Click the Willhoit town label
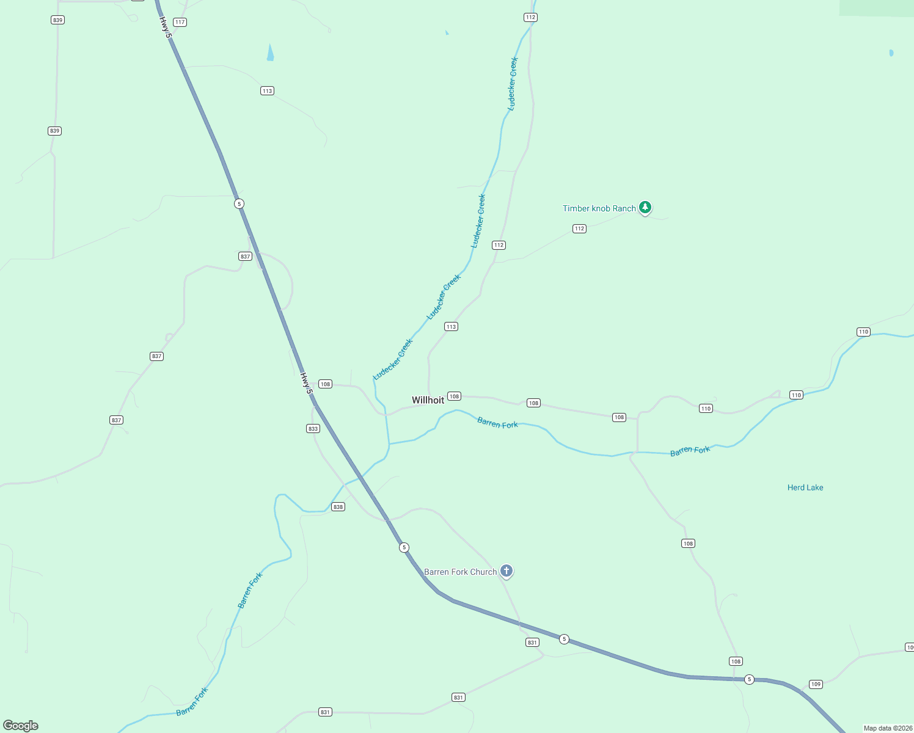pos(428,400)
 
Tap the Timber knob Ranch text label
pos(599,208)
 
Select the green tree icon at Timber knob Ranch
pos(645,208)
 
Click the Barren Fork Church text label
pos(460,572)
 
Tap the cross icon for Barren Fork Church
pos(506,571)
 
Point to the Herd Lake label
pos(805,487)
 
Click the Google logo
pos(21,726)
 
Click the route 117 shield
pos(180,22)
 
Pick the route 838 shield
pos(338,507)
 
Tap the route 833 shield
pos(313,429)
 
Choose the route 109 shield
pos(816,684)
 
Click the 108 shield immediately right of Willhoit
pos(454,396)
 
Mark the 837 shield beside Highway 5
pos(245,257)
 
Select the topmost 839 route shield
pos(57,20)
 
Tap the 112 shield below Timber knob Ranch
pos(579,228)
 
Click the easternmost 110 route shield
pos(863,332)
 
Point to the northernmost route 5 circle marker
pos(239,203)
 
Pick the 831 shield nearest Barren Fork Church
pos(532,643)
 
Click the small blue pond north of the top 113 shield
pos(270,53)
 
